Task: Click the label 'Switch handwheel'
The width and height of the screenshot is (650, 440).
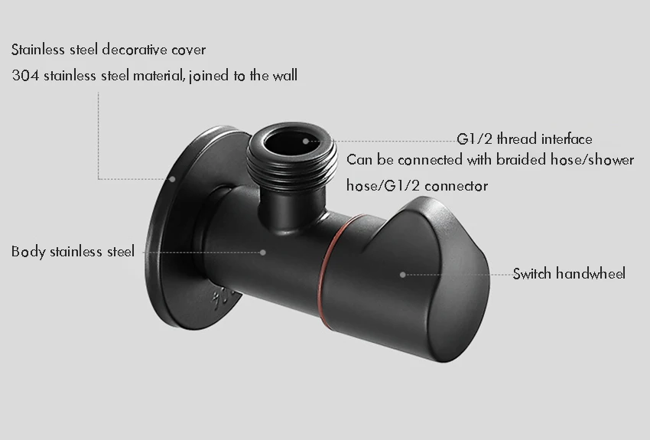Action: [568, 273]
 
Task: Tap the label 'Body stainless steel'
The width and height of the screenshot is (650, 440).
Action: [73, 252]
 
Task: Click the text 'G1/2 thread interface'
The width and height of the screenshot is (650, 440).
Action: [525, 139]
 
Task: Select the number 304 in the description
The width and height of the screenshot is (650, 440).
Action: [24, 76]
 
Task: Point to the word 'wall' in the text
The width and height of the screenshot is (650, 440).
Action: [284, 76]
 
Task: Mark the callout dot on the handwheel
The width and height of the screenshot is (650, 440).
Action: [403, 274]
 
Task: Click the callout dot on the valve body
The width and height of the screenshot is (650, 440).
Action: [262, 251]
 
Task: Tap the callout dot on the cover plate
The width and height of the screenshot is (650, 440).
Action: [173, 179]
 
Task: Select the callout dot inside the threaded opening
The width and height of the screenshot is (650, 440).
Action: [305, 141]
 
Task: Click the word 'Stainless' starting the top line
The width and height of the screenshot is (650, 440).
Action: [37, 51]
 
